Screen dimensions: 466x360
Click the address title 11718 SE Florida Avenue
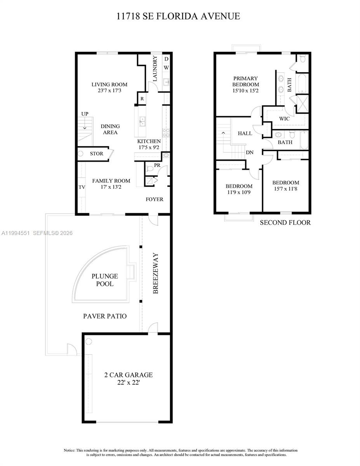178,16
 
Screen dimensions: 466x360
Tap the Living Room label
109,85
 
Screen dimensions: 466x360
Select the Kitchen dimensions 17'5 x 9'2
149,148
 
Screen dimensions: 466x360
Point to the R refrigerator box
142,99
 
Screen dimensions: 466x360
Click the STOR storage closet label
97,154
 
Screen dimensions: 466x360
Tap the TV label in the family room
82,187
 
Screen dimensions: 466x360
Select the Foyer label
154,199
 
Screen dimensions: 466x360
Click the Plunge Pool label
105,280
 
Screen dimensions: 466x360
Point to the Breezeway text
155,273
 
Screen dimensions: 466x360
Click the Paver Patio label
105,316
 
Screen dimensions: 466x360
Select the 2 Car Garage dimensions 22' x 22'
128,382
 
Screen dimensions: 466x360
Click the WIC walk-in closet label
284,119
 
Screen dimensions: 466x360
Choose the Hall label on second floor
245,133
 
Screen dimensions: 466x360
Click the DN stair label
249,153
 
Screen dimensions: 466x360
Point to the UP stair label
85,114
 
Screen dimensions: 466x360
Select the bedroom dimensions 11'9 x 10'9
239,192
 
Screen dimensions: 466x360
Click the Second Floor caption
285,223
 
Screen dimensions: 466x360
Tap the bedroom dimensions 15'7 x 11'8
285,189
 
